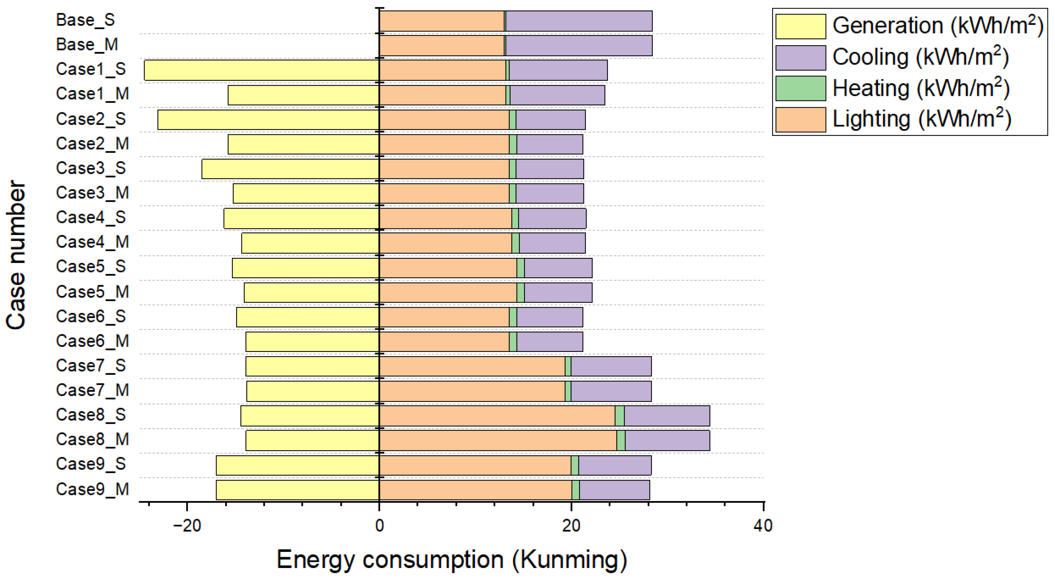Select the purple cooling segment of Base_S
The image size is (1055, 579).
point(579,21)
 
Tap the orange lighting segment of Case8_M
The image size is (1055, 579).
point(498,440)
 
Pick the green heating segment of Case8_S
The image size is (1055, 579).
point(619,416)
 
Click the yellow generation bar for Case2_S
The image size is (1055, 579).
point(268,120)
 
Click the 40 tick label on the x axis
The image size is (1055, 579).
point(763,525)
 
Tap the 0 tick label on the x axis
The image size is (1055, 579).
point(379,525)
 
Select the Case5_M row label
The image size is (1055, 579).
point(92,292)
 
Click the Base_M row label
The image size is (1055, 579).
point(87,44)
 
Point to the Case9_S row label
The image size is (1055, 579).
point(90,464)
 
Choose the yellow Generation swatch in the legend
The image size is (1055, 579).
point(800,26)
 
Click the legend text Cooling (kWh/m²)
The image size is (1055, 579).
point(920,57)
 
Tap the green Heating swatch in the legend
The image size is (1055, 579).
point(800,88)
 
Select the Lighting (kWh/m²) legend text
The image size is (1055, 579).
point(922,119)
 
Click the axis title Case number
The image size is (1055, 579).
point(16,254)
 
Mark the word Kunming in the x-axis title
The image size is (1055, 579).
point(569,560)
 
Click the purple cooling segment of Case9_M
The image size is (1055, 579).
point(614,490)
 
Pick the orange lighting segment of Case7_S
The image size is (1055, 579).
point(472,366)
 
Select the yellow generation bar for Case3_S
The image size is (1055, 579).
point(290,169)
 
